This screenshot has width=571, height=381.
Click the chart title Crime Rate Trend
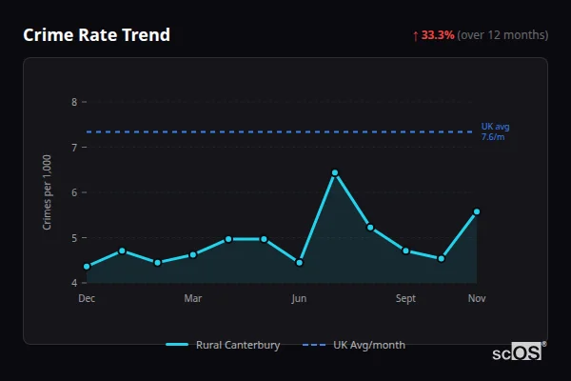click(96, 35)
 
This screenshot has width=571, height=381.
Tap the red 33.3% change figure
click(438, 35)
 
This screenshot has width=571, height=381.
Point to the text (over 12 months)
click(502, 35)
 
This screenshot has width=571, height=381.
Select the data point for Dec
click(87, 267)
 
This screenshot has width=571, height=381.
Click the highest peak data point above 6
click(335, 172)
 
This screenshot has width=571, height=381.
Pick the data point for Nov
click(477, 211)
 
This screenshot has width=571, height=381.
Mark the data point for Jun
click(300, 263)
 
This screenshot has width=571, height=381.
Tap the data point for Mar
click(193, 254)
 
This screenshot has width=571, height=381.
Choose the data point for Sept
click(406, 251)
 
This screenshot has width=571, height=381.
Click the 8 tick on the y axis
click(74, 102)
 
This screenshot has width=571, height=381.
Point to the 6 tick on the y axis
click(74, 192)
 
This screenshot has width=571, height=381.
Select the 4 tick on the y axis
click(74, 283)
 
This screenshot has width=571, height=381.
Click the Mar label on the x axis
click(193, 299)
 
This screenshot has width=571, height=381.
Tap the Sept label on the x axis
click(406, 299)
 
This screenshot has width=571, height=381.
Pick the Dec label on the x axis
click(87, 299)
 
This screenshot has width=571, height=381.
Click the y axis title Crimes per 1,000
click(48, 192)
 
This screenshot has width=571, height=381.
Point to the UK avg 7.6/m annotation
click(494, 131)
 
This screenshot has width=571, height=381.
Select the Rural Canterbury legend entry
click(224, 345)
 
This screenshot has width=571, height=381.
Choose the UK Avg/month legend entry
click(354, 345)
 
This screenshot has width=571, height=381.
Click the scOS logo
click(517, 351)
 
